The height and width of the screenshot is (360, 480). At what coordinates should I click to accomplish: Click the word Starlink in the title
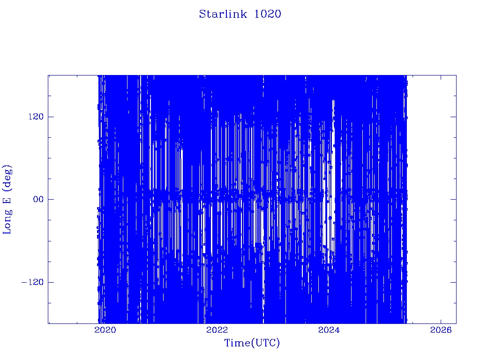(223, 14)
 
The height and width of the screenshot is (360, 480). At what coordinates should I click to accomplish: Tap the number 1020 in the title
(268, 14)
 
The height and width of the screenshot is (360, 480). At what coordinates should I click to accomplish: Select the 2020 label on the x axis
(105, 330)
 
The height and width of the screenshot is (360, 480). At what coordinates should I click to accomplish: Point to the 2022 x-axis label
(217, 330)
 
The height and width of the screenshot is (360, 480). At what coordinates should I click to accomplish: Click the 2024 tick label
(329, 330)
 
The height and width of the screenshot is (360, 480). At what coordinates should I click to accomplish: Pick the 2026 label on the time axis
(441, 330)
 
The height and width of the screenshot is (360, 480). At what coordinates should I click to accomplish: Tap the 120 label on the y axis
(36, 117)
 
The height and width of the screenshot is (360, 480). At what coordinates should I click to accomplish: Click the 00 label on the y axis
(38, 199)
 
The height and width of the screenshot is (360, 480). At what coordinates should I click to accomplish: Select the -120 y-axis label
(32, 282)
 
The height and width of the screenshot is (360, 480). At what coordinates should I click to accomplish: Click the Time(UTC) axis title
(252, 343)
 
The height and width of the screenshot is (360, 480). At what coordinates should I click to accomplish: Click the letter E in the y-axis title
(7, 199)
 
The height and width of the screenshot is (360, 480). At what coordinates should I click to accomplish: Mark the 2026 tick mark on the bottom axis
(441, 322)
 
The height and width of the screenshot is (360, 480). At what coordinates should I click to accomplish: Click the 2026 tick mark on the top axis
(441, 77)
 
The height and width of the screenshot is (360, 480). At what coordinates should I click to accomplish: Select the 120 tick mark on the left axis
(51, 117)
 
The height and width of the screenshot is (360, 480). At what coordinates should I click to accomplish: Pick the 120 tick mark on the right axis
(454, 117)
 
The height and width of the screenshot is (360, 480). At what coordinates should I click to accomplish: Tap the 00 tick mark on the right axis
(454, 199)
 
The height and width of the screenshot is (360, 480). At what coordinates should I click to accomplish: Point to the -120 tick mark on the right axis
(454, 282)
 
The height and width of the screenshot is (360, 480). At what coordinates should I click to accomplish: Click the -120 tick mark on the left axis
(51, 282)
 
